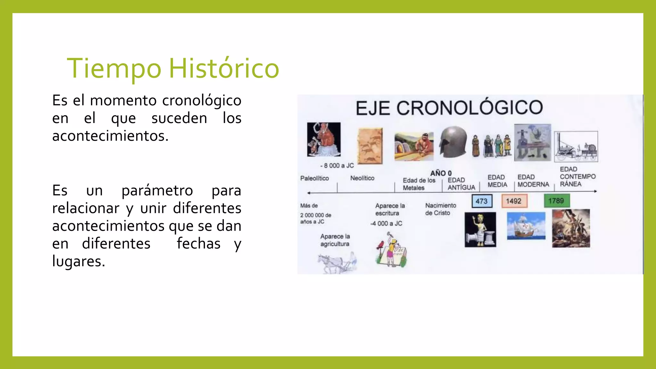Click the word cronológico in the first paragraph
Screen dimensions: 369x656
tap(201, 101)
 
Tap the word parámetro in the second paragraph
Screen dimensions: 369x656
tap(157, 191)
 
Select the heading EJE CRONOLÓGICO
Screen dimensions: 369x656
tap(449, 108)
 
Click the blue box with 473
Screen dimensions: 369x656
tap(482, 201)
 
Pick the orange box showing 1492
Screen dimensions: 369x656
tap(514, 201)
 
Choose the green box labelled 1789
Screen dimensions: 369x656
tap(556, 201)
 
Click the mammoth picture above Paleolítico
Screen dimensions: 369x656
tap(324, 139)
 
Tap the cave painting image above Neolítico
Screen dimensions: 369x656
tap(370, 146)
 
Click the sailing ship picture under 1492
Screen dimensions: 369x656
tap(526, 226)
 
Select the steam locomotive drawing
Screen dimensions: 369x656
tap(576, 147)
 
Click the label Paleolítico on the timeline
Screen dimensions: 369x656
tap(314, 178)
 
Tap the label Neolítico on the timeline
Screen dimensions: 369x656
tap(362, 178)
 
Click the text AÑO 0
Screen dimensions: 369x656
tap(441, 173)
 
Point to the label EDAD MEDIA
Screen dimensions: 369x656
tap(497, 181)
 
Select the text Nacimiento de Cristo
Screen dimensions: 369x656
tap(440, 209)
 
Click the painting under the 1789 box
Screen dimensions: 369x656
tap(571, 228)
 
